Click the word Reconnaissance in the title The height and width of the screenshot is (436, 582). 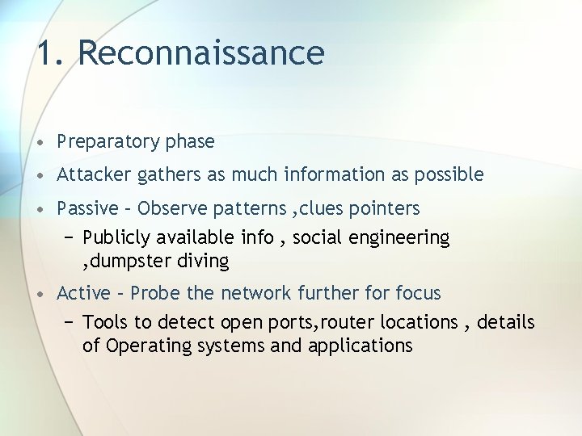tap(201, 53)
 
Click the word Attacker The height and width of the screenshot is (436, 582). tap(90, 174)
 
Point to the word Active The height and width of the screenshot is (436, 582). tap(83, 292)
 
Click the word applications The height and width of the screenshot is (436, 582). tap(362, 346)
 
